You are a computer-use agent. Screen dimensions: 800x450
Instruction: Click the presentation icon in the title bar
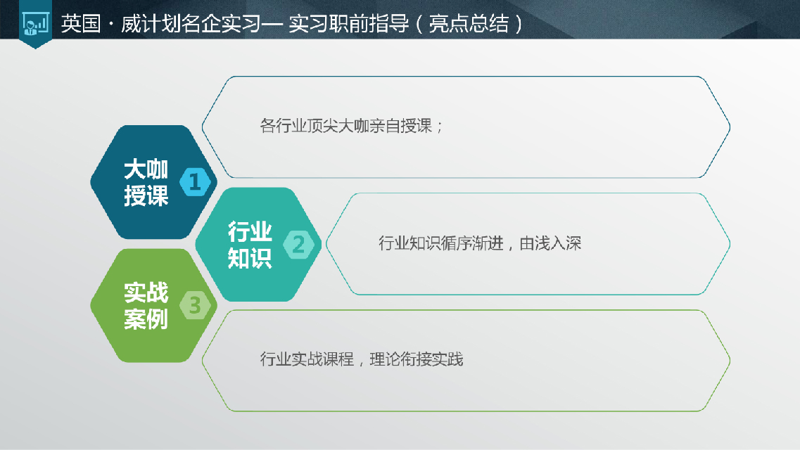point(35,23)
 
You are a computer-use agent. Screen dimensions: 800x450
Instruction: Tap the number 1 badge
point(195,181)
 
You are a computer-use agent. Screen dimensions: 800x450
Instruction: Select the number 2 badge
point(298,244)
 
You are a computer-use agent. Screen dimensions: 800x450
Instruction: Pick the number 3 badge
point(195,305)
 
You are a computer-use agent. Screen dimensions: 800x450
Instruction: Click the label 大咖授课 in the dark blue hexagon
point(146,182)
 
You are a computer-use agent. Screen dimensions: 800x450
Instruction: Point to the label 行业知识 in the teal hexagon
point(250,245)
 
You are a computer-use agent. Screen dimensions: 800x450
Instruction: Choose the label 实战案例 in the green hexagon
point(146,306)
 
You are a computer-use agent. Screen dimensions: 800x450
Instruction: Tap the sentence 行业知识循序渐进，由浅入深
point(480,243)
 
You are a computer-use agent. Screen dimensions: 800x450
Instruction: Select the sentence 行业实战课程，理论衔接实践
point(361,359)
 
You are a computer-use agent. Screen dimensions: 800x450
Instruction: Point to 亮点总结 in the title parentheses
point(469,23)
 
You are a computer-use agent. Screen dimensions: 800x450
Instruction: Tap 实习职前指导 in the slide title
point(348,23)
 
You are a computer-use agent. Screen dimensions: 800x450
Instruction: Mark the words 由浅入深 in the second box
point(550,243)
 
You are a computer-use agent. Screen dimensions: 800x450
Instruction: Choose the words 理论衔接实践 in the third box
point(417,359)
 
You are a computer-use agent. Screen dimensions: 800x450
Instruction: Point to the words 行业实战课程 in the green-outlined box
point(307,359)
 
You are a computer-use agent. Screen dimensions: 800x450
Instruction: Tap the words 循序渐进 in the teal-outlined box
point(472,243)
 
